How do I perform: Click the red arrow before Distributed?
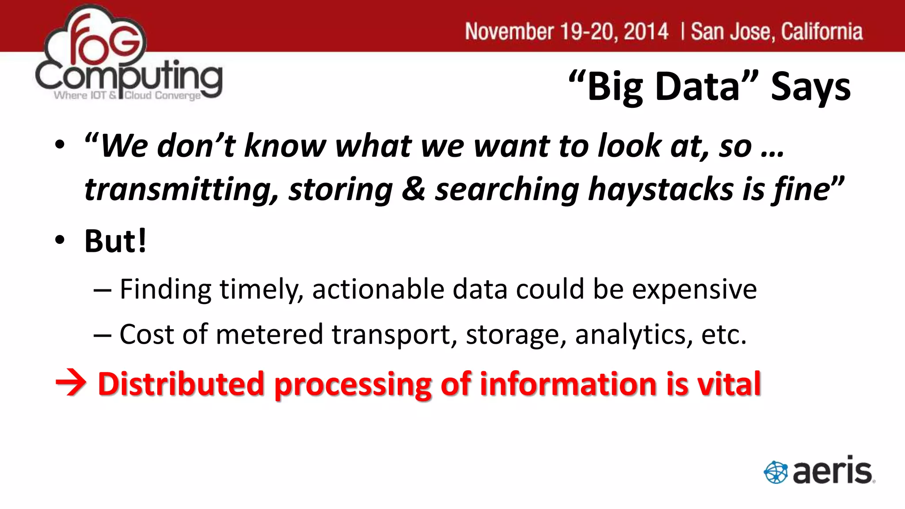click(x=71, y=383)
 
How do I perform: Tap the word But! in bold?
click(x=115, y=241)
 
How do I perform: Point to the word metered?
click(x=270, y=334)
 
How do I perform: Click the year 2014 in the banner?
click(x=646, y=32)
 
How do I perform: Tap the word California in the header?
click(x=821, y=32)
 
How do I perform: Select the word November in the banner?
click(x=509, y=32)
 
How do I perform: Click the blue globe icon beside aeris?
click(x=776, y=472)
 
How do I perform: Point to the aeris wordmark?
click(x=833, y=471)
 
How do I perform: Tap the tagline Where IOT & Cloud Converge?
click(x=127, y=95)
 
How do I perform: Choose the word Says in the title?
click(x=810, y=87)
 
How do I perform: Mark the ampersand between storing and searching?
click(x=414, y=189)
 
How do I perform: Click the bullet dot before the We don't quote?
click(x=60, y=144)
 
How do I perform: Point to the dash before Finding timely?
click(x=102, y=290)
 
